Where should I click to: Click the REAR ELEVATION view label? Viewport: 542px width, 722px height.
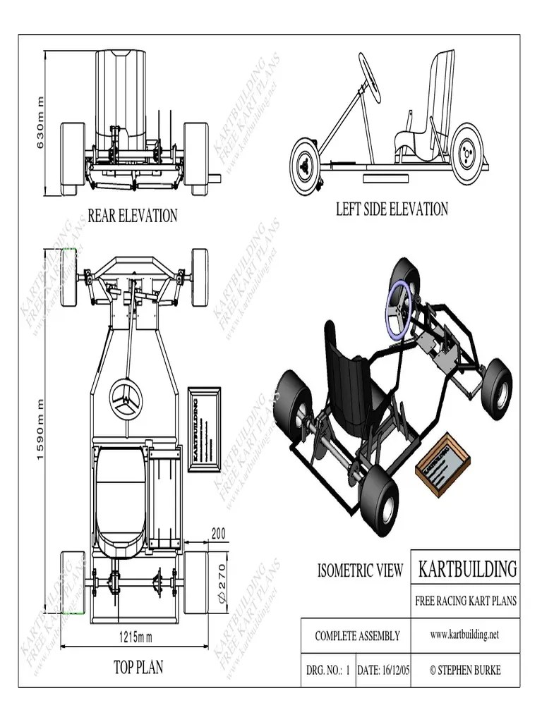(x=132, y=216)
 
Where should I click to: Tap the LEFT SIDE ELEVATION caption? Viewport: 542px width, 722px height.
(x=392, y=209)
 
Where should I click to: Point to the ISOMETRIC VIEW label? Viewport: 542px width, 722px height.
(x=360, y=570)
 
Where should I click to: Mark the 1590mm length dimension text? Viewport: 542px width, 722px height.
(x=40, y=430)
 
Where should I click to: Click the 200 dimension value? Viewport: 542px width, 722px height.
(x=219, y=534)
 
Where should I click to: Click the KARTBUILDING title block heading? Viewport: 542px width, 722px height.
(x=467, y=568)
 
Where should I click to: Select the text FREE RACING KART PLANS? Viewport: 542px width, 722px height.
(x=466, y=601)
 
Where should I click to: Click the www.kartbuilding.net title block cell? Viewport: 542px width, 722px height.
(x=464, y=635)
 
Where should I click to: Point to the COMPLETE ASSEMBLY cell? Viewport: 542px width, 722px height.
(x=357, y=636)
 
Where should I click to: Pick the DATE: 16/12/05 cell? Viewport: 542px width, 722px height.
(x=383, y=671)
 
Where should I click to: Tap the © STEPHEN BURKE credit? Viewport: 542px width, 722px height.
(x=465, y=671)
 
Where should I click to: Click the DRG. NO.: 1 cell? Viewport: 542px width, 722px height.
(x=328, y=671)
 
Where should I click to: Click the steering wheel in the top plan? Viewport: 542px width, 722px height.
(x=126, y=400)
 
